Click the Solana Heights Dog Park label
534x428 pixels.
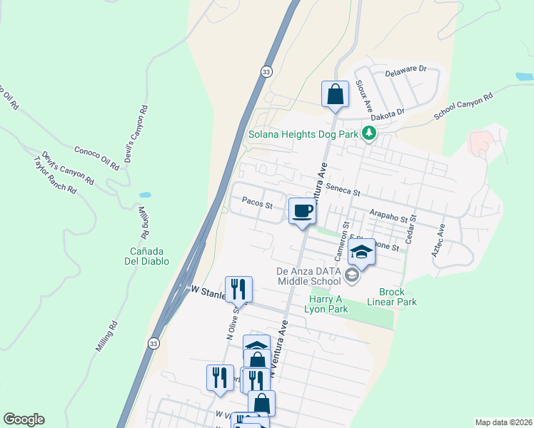click(x=303, y=133)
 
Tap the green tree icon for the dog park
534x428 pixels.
click(x=368, y=133)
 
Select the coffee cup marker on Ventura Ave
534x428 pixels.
click(x=303, y=211)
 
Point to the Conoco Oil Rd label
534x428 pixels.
click(x=96, y=158)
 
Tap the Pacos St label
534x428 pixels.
click(x=258, y=205)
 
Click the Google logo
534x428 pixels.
click(x=24, y=419)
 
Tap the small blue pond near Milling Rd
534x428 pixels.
click(x=145, y=194)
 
